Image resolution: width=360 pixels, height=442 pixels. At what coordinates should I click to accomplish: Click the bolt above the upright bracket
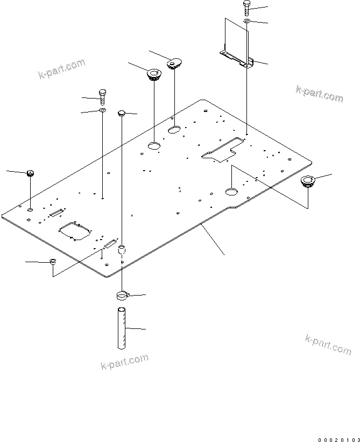246,7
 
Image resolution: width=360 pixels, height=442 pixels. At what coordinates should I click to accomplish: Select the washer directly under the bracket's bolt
246,21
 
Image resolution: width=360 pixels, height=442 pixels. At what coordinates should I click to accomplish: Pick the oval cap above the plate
173,64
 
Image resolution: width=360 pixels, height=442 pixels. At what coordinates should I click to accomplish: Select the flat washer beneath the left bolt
102,111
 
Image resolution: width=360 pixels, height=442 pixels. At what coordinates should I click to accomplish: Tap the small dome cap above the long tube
121,113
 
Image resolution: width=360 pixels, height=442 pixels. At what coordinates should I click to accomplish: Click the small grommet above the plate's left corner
30,173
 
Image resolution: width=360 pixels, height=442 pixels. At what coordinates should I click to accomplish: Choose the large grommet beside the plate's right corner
308,181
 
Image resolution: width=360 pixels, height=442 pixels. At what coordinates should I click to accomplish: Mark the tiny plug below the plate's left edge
53,262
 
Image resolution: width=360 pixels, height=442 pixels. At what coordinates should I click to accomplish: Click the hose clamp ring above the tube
122,295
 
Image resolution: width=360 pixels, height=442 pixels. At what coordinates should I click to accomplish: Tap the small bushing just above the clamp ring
122,250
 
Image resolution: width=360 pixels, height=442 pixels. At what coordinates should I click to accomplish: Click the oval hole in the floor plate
174,130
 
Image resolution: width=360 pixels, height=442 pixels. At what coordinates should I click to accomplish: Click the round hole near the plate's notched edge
230,191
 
